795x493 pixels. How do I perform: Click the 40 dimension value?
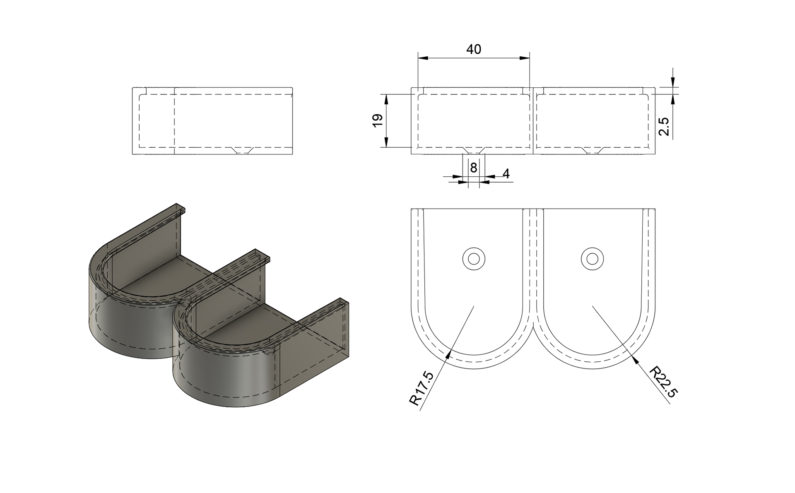(x=474, y=50)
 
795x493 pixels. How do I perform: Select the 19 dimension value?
(x=378, y=120)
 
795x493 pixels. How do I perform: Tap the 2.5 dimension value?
(x=663, y=126)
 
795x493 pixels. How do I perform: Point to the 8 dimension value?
(x=474, y=168)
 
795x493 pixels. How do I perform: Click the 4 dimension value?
(x=506, y=174)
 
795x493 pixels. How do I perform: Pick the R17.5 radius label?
(x=422, y=388)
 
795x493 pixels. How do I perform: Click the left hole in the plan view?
(x=474, y=259)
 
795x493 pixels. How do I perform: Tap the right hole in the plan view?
(x=592, y=259)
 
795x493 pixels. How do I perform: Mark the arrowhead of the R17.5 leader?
(x=448, y=354)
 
